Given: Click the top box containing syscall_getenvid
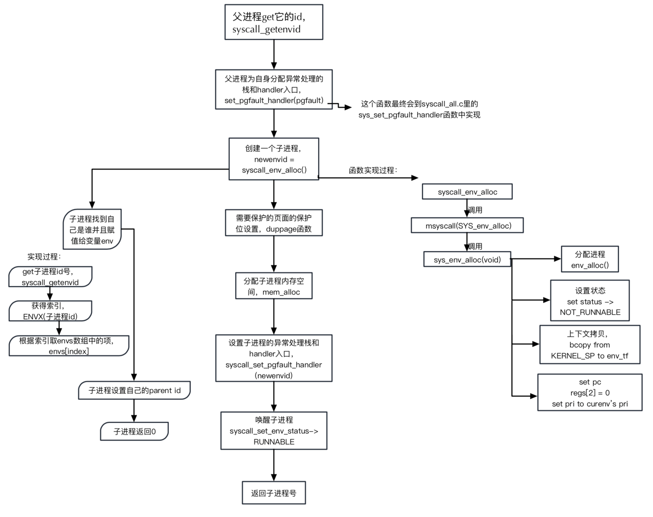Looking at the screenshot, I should [273, 22].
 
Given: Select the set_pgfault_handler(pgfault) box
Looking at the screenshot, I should [273, 89].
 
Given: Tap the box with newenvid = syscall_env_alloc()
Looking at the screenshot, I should [273, 159].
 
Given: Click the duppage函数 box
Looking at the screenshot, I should [273, 223].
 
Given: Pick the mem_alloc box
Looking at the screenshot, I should [273, 286].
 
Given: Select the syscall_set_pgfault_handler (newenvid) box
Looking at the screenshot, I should [273, 358].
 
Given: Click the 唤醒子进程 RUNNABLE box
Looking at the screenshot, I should [273, 431].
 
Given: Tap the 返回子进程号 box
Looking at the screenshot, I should [273, 493].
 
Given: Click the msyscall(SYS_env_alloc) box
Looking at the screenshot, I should [467, 226].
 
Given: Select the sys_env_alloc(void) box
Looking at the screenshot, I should [467, 260].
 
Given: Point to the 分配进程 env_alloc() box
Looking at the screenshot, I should [589, 259].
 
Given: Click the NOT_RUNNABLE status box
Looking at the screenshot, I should [589, 301].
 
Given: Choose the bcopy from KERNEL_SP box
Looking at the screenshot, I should [589, 345].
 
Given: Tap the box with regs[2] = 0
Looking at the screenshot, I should [589, 393].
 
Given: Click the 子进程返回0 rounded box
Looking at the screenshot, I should [134, 431].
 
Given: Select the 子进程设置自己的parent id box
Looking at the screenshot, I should [134, 390].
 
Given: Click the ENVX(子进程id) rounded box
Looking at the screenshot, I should [50, 311].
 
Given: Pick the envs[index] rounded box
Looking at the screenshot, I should [69, 346].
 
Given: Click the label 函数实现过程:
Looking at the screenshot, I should [373, 170].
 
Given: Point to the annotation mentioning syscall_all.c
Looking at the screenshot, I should [419, 109].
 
